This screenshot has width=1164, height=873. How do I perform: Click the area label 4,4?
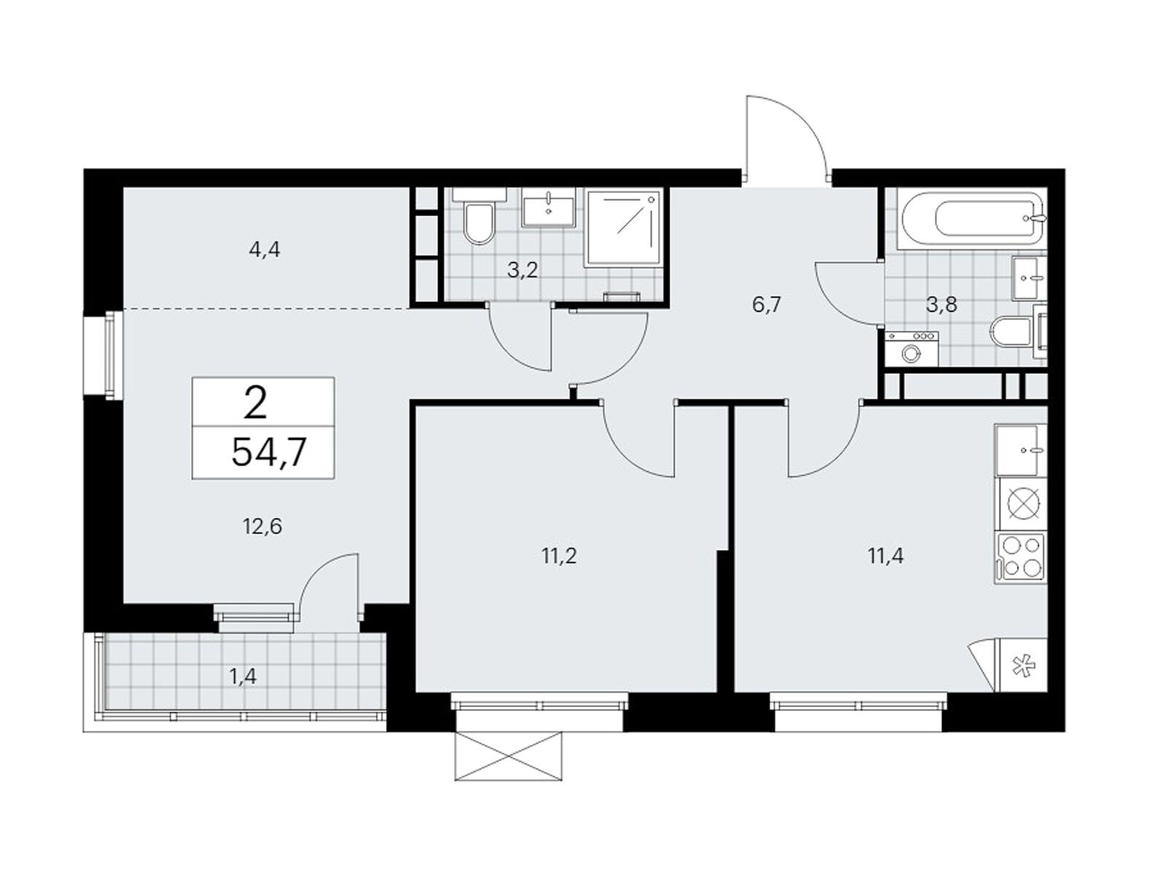[264, 249]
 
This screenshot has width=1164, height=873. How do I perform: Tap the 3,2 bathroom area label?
[522, 271]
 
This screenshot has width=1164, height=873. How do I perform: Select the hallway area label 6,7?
[768, 305]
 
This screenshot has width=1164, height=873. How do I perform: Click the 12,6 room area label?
[263, 526]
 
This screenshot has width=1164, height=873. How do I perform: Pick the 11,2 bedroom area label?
[559, 556]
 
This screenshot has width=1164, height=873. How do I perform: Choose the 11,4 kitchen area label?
[885, 556]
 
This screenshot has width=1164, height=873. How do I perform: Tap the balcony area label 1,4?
[244, 677]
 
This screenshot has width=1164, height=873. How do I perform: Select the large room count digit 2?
[255, 403]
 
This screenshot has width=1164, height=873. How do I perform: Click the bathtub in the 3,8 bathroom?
[971, 219]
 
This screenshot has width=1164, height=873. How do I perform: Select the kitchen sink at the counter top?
[1021, 450]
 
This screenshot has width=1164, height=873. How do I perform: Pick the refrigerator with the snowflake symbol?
[1023, 666]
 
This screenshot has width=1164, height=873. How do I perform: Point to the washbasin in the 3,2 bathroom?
[549, 212]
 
